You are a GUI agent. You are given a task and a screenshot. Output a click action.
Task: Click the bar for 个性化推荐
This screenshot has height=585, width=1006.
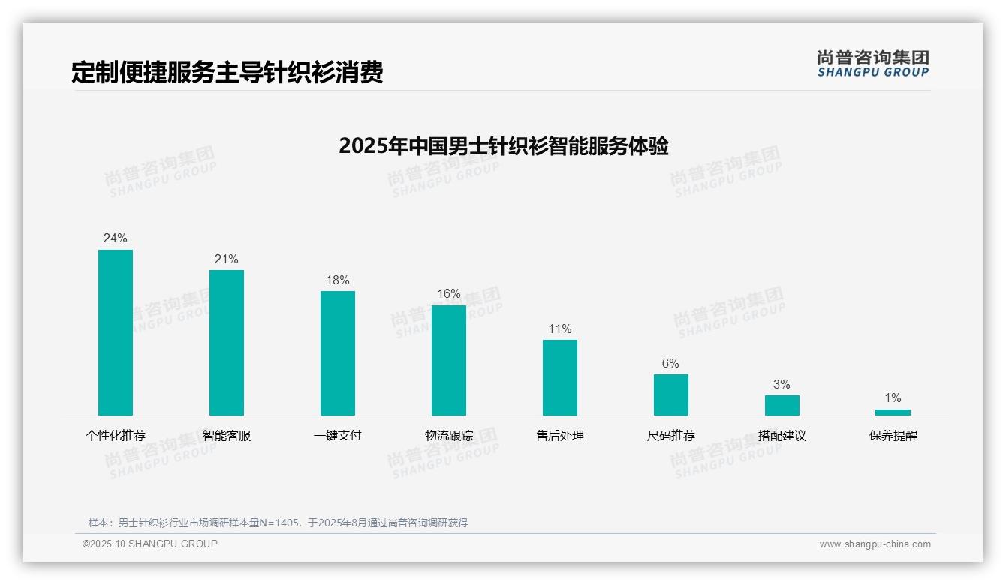pos(116,332)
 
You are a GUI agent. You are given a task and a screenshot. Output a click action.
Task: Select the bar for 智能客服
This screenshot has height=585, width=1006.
pos(227,343)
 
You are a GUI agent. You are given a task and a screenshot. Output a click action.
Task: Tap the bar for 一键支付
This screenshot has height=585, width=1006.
pos(338,353)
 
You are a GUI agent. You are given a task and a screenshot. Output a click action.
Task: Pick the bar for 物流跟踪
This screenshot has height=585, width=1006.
pos(449,360)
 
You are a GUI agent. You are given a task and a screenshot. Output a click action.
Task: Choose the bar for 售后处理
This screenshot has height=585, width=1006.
pos(560,377)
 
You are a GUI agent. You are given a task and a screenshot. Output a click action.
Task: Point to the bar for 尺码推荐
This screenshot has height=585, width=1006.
pos(671,394)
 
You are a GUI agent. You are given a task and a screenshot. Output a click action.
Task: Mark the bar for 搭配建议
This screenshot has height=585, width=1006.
pos(782,405)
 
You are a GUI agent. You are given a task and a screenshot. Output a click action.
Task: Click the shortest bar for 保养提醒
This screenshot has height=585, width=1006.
pos(893,412)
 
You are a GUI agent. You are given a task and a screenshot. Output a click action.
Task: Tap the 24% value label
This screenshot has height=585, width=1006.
pos(116,238)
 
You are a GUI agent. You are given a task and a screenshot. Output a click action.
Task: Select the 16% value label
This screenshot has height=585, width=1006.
pos(449,294)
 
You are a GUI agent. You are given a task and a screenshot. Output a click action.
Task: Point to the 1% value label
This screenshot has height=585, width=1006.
pos(893,398)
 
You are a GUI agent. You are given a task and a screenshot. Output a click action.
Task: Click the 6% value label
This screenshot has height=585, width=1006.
pos(670,364)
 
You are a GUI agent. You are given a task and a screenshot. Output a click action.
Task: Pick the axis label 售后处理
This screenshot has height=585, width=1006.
pos(560,436)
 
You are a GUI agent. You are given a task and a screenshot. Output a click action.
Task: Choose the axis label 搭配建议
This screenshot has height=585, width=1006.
pos(782,436)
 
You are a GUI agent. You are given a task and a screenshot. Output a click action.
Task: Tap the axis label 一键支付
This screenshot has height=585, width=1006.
pos(338,436)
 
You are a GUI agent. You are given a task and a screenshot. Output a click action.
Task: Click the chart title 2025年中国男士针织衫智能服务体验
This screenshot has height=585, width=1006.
pos(503,146)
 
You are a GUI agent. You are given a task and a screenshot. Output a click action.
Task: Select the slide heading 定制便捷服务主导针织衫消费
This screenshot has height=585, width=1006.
pos(227,72)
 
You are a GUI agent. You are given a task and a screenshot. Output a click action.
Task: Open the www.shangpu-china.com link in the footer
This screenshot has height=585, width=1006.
pos(875,544)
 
